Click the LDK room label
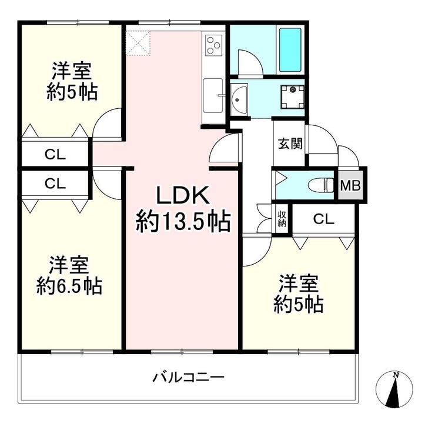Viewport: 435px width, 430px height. point(183,196)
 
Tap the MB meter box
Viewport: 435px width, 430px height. point(350,185)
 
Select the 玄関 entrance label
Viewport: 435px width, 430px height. point(290,144)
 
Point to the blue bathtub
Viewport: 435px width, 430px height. point(290,49)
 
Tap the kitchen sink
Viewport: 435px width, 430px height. point(213,96)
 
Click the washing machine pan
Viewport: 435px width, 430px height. point(292,97)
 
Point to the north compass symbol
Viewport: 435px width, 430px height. point(394,389)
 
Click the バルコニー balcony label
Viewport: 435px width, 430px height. point(188,377)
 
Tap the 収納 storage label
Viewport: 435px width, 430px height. point(282,219)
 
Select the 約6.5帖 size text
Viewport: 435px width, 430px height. point(69,286)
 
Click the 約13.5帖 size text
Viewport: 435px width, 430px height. point(183,222)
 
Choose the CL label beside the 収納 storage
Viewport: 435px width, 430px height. point(324,219)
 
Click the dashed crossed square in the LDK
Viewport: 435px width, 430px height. point(138,43)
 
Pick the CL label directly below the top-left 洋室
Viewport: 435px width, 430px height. point(55,155)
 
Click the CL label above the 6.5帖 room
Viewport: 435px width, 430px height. point(55,184)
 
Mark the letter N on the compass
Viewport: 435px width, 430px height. point(396,375)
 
